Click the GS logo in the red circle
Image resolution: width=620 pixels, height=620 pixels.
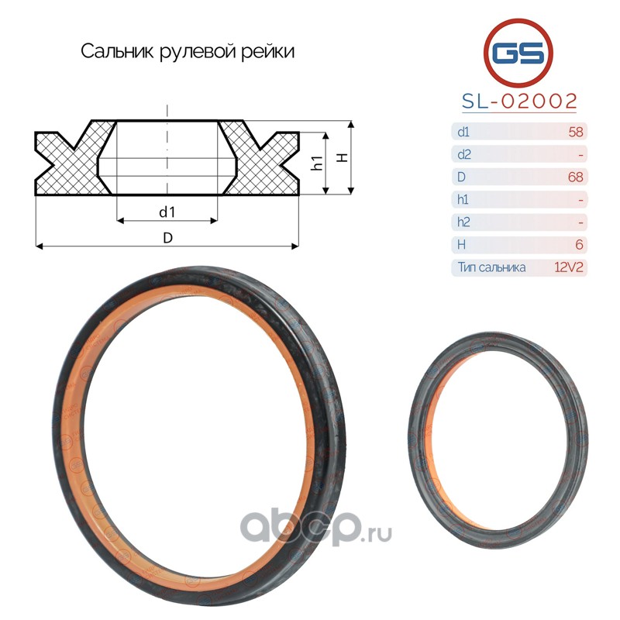click(x=518, y=53)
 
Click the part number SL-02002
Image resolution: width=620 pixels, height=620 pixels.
click(x=519, y=102)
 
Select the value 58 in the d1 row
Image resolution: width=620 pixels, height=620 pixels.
click(x=576, y=132)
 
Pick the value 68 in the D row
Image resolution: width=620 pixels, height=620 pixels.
click(x=575, y=177)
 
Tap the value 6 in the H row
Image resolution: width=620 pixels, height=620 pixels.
click(x=579, y=244)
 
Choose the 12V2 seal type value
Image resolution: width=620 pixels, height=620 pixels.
click(x=569, y=267)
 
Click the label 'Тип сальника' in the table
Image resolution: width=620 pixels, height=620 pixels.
click(x=491, y=267)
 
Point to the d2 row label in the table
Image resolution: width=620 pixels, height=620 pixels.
click(x=463, y=154)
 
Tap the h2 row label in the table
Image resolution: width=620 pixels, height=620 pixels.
click(x=463, y=222)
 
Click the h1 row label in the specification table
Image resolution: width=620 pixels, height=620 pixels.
click(x=463, y=199)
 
